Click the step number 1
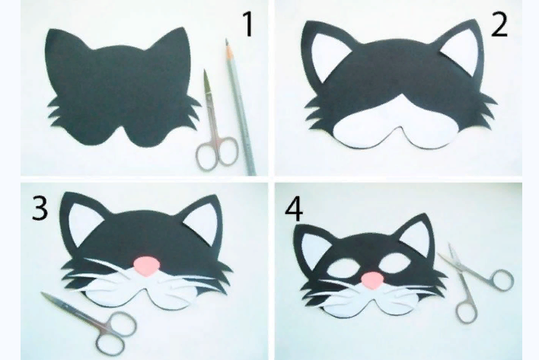[248, 24]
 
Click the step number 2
[499, 26]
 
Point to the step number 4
[294, 209]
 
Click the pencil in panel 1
[241, 107]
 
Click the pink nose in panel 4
[372, 280]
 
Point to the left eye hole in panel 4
[342, 268]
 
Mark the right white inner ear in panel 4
[417, 241]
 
